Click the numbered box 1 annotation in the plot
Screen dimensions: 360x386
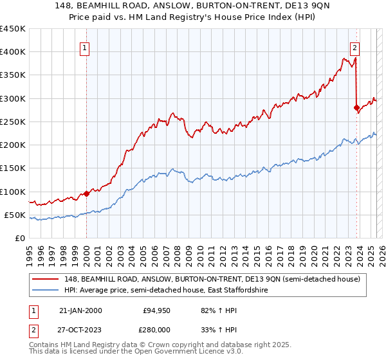[86, 47]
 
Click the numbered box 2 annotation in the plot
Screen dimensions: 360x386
[354, 47]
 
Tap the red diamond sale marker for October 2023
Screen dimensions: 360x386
[356, 107]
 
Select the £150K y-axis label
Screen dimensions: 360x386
[13, 168]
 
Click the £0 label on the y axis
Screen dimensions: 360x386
[20, 239]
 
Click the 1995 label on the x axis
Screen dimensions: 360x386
[30, 251]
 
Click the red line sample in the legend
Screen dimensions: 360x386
[46, 279]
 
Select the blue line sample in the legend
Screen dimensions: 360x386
[46, 291]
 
